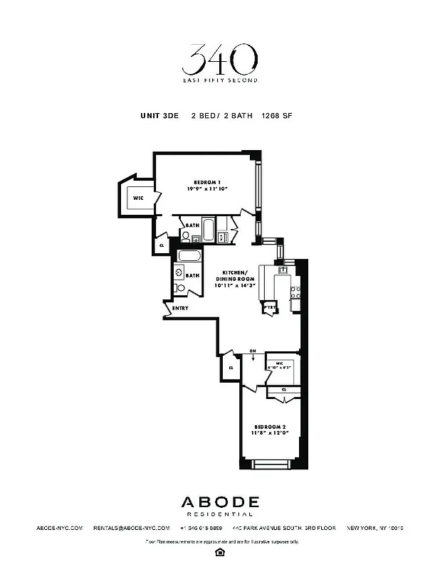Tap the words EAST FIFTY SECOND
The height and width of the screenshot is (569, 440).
tap(219, 80)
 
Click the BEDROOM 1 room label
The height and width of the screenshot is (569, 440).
tap(207, 182)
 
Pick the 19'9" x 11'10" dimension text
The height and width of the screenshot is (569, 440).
tap(207, 190)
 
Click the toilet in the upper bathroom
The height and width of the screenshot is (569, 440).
tap(187, 238)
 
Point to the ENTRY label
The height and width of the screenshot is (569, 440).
tap(180, 308)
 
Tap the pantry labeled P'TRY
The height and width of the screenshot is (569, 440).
tap(270, 307)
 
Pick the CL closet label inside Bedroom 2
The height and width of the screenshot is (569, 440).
tap(284, 390)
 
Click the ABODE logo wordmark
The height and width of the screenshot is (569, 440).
tap(219, 502)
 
